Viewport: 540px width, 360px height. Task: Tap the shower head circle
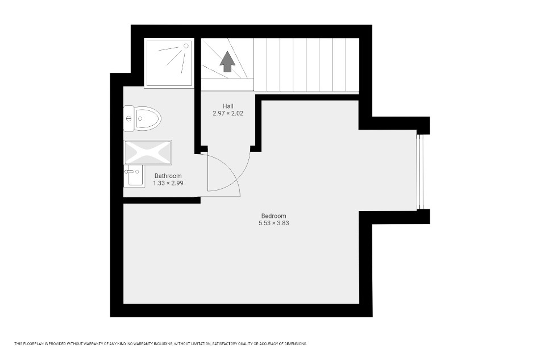pos(186,45)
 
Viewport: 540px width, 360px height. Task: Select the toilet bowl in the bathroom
pos(148,118)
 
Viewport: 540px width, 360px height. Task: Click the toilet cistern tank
pos(129,118)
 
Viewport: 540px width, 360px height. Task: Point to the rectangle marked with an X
pos(148,152)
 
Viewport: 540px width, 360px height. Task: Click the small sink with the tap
pos(134,176)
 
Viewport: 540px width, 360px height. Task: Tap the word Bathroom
pos(168,176)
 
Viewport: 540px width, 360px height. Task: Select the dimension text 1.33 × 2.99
pos(168,183)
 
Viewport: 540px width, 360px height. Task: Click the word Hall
pos(228,106)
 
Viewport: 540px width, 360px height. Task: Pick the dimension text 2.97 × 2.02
pos(228,113)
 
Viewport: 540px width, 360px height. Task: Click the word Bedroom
pos(274,216)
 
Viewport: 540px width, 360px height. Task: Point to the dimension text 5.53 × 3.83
pos(274,224)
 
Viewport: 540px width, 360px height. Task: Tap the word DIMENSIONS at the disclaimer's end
pos(296,344)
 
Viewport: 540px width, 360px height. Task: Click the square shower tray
pos(169,63)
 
